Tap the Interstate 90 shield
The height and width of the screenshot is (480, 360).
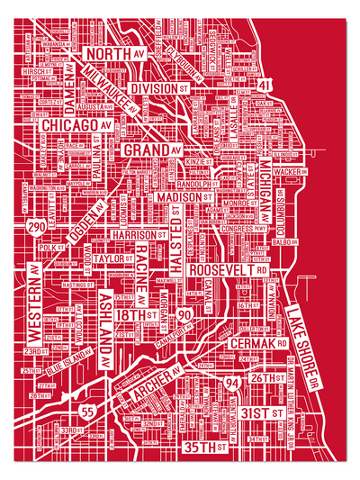click(x=184, y=314)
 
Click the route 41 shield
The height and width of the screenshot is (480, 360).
click(x=264, y=84)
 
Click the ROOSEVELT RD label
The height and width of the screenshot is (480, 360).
click(x=232, y=269)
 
